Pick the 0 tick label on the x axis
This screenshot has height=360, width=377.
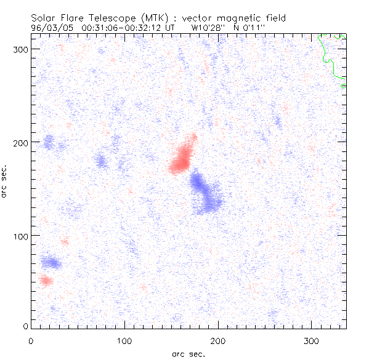click(31, 340)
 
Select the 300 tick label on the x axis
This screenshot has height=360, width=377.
click(312, 340)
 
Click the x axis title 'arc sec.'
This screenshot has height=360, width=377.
click(187, 353)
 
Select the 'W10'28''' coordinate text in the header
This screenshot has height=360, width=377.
click(208, 28)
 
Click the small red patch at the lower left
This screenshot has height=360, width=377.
click(46, 281)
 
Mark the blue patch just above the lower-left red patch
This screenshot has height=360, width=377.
click(52, 263)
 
